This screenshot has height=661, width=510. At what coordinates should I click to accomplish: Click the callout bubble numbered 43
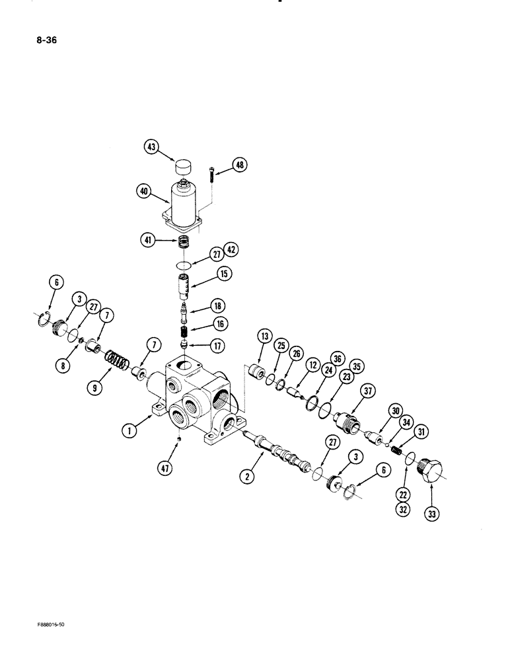[152, 147]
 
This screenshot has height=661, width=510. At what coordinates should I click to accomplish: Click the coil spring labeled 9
[117, 362]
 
